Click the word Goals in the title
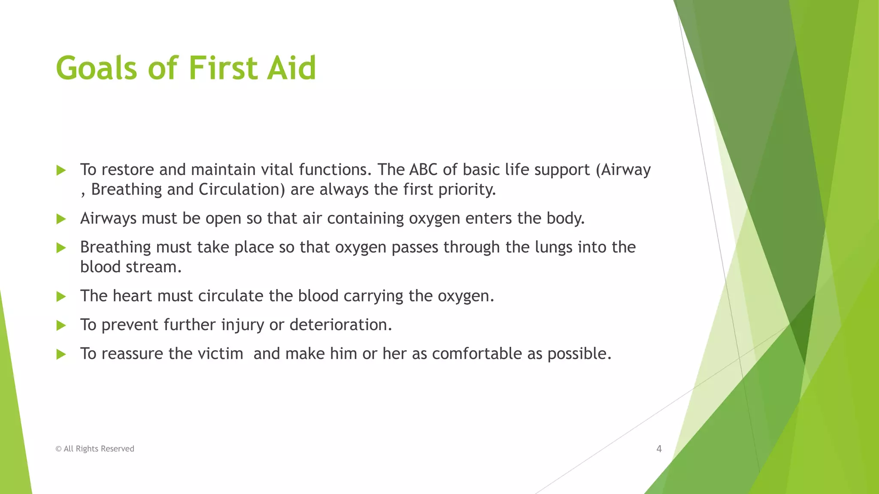96,68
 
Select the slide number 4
659,449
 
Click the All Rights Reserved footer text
95,449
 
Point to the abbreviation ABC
423,170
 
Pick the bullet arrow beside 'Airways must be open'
61,219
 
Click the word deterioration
340,325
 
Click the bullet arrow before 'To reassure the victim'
61,354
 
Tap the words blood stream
131,267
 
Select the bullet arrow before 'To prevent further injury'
61,325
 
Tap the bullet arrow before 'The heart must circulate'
61,296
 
